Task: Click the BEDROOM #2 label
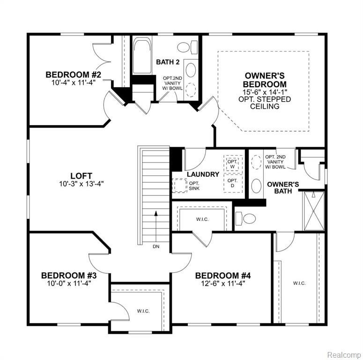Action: click(x=74, y=75)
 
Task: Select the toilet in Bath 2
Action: click(x=187, y=47)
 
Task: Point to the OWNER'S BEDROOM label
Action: click(x=265, y=80)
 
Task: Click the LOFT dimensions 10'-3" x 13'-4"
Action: click(x=81, y=184)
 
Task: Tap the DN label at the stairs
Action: click(x=156, y=247)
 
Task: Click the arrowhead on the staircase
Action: click(x=156, y=213)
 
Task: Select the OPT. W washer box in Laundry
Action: click(x=233, y=164)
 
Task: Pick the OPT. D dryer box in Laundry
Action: click(x=233, y=183)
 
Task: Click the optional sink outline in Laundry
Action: click(x=179, y=185)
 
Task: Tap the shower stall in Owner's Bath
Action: click(x=314, y=211)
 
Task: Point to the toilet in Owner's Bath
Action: click(x=245, y=218)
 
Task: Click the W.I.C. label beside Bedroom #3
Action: click(x=143, y=311)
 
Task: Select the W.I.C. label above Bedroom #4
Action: click(x=202, y=219)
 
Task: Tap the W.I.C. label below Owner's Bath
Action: click(x=299, y=283)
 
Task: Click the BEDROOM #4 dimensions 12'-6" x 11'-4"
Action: click(x=223, y=283)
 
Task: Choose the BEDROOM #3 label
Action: click(x=69, y=276)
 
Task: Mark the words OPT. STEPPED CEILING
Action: click(x=265, y=103)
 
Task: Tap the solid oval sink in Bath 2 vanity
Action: click(x=191, y=70)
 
